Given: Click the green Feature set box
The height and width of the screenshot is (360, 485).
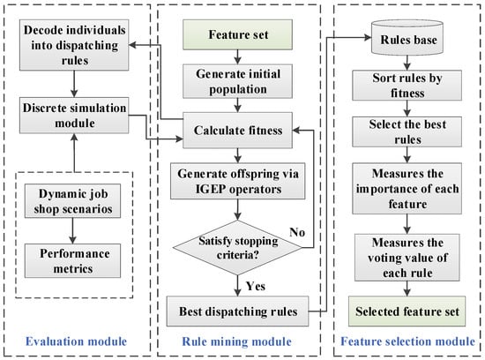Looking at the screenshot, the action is click(x=237, y=34).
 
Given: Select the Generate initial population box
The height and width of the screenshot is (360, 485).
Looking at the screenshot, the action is click(x=237, y=81).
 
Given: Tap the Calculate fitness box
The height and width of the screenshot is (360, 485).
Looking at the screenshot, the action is click(x=237, y=131).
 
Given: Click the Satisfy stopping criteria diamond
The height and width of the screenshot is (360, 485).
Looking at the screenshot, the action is click(x=237, y=248).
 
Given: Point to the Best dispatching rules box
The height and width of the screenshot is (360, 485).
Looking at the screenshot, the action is click(x=237, y=311).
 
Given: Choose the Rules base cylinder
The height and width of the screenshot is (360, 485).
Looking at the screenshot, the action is click(x=407, y=37).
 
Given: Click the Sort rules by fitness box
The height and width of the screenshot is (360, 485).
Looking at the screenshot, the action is click(x=407, y=86).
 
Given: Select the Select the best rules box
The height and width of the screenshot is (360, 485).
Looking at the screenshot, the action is click(x=407, y=131).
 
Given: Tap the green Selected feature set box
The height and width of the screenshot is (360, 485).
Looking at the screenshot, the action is click(x=407, y=311).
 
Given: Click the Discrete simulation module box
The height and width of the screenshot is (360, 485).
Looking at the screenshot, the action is click(x=74, y=116).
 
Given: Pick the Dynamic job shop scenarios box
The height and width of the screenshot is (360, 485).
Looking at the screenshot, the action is click(x=72, y=201).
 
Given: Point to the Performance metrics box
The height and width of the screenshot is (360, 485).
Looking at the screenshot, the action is click(x=72, y=260).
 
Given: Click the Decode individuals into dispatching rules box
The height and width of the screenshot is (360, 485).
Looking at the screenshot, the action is click(x=74, y=45).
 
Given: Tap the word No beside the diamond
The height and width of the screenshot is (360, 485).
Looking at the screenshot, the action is click(x=297, y=232).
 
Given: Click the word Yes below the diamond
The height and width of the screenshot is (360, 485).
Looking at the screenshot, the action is click(x=256, y=286).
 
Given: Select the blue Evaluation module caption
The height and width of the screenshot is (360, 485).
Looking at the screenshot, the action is click(x=76, y=341).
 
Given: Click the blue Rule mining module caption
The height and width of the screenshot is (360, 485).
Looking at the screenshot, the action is click(x=237, y=341).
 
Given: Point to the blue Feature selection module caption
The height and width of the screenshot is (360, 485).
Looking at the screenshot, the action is click(x=407, y=341).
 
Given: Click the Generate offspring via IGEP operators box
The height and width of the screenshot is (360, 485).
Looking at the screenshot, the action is click(x=237, y=181).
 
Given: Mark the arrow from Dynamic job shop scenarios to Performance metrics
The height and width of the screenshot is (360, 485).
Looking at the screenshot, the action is click(x=72, y=231).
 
